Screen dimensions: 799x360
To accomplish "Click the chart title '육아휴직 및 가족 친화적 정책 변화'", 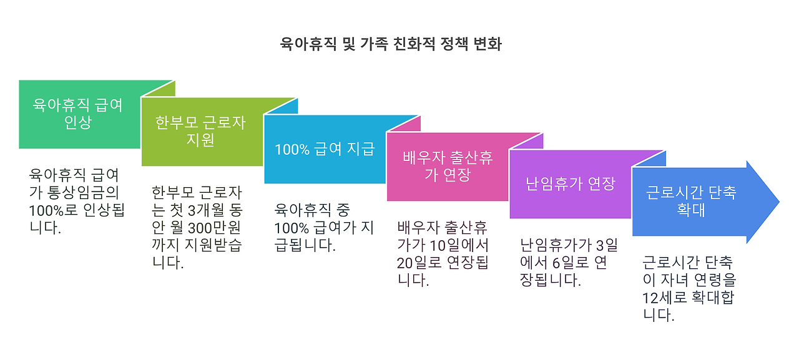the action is [390, 44].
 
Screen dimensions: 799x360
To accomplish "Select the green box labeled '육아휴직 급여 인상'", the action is [78, 114].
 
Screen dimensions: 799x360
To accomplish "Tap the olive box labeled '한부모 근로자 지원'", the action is [200, 131].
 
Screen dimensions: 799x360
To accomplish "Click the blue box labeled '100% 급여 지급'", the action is [324, 149].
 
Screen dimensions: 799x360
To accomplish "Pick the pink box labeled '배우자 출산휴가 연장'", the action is [447, 167].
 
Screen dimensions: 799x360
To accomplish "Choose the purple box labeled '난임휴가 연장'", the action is [570, 184].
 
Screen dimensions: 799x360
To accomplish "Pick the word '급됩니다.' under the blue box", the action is [305, 245].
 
